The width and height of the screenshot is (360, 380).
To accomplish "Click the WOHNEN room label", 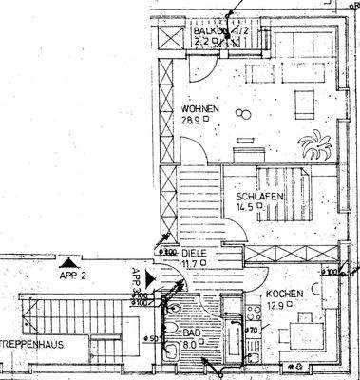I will pyautogui.click(x=198, y=109).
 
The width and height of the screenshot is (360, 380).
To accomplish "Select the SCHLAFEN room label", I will pyautogui.click(x=258, y=197).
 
